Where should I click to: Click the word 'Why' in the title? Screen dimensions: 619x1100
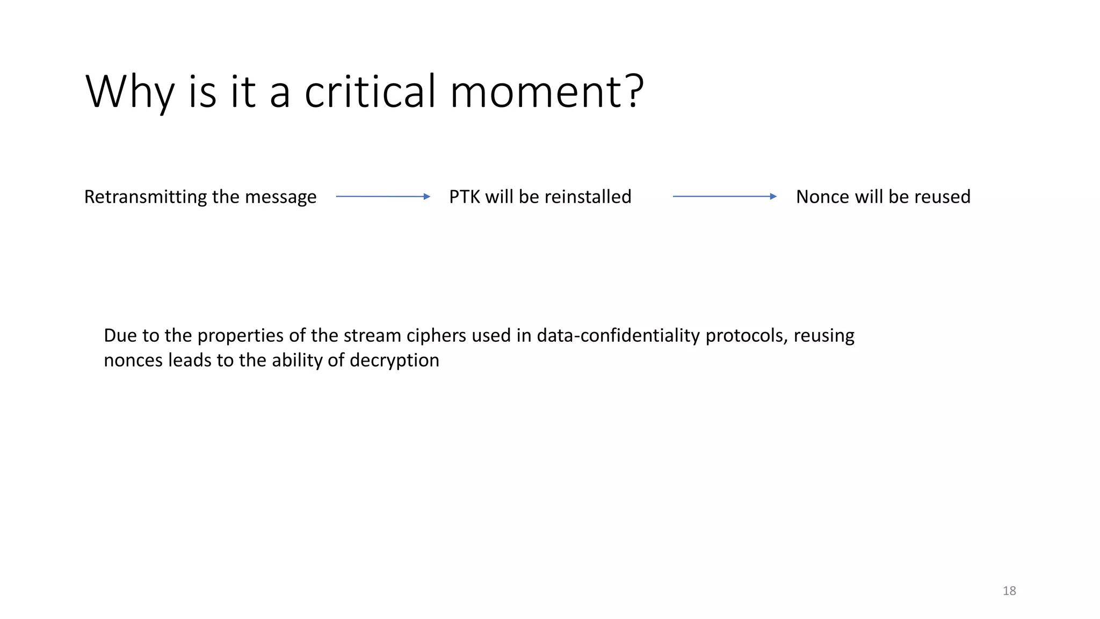point(129,92)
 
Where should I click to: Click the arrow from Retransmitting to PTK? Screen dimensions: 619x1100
point(382,197)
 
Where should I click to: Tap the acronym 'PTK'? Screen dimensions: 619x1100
point(465,197)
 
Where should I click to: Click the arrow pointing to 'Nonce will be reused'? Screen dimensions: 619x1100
point(724,197)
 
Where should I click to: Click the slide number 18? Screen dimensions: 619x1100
point(1009,591)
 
